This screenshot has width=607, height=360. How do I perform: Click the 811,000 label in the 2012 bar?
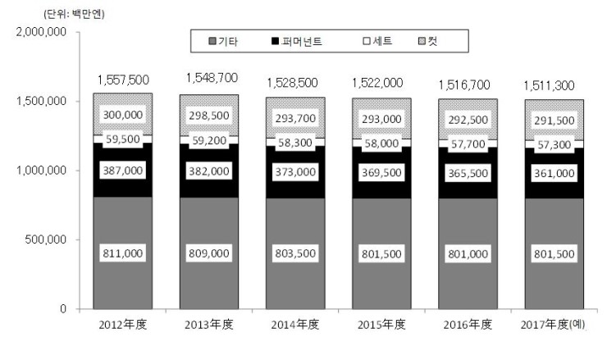tap(123, 253)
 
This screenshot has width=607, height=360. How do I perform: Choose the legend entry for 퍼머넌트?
tap(301, 40)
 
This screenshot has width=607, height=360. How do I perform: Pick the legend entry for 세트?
tap(380, 40)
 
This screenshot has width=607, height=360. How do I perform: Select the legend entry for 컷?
tap(443, 40)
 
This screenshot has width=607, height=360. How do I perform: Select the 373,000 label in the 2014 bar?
tap(294, 171)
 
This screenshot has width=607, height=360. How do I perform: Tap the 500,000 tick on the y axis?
tap(48, 240)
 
